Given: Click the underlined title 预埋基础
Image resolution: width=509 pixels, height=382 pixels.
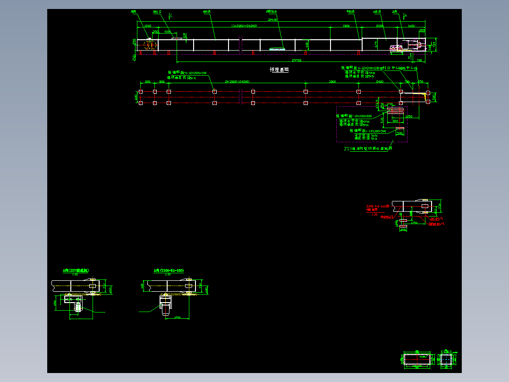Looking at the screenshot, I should pyautogui.click(x=279, y=69).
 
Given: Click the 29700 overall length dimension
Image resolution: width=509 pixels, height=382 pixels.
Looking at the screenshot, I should pyautogui.click(x=297, y=60).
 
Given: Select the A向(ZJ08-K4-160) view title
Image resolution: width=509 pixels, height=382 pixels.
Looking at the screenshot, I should pyautogui.click(x=169, y=270).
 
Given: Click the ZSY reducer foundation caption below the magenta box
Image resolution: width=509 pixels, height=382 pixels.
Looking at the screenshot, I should pyautogui.click(x=368, y=148).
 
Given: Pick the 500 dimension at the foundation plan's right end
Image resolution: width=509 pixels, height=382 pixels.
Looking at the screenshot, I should pyautogui.click(x=434, y=97).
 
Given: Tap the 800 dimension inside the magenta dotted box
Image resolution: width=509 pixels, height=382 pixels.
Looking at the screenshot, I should pyautogui.click(x=396, y=121).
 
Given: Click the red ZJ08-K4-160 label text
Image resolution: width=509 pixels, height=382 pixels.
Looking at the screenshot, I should pyautogui.click(x=377, y=207).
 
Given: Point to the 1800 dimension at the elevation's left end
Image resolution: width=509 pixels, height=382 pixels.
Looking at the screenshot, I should pyautogui.click(x=147, y=26).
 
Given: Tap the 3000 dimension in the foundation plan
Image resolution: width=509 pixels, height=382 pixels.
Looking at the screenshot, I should pyautogui.click(x=332, y=81).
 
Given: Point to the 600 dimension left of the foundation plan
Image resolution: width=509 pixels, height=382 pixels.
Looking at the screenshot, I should pyautogui.click(x=136, y=97).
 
